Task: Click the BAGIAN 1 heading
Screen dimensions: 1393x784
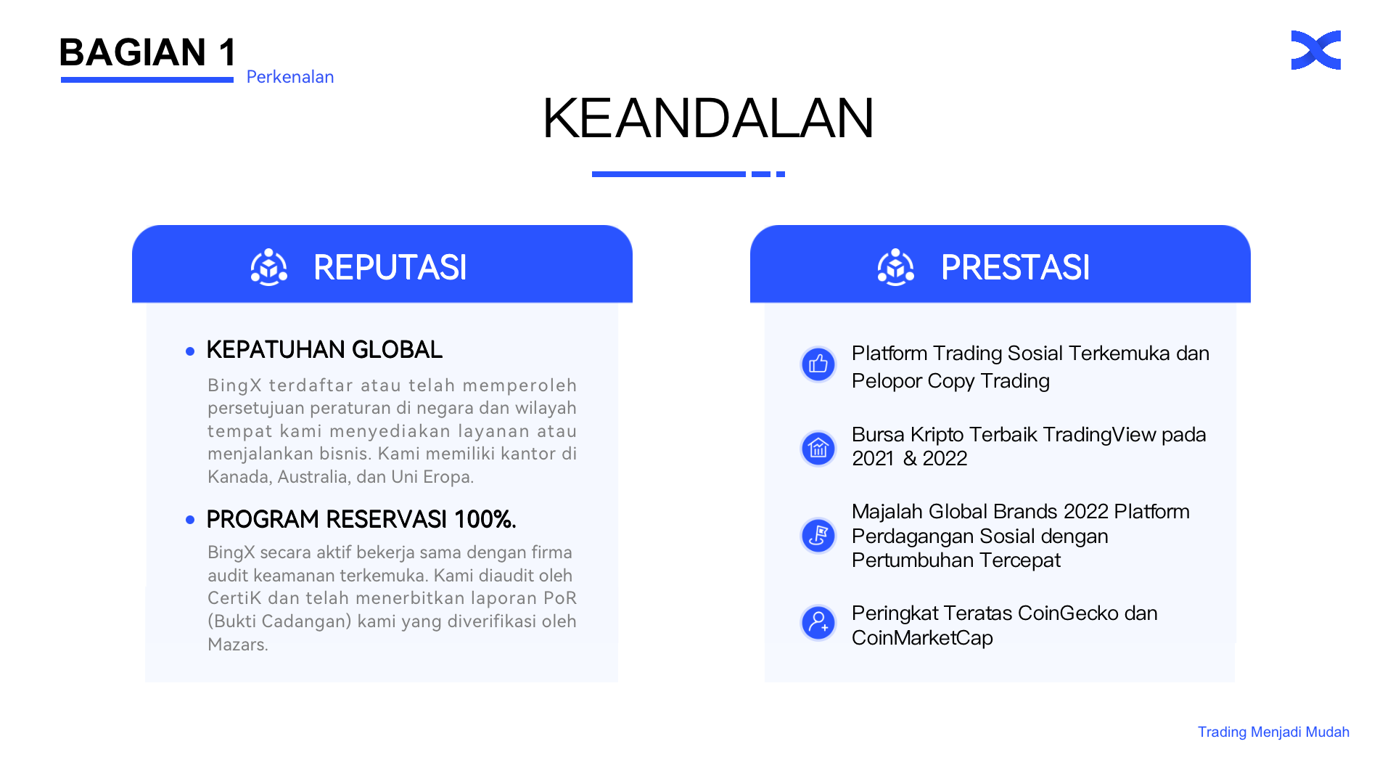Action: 148,52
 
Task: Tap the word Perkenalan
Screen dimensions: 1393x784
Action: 290,77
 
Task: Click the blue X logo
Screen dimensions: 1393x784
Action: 1315,50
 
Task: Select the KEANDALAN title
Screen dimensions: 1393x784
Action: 708,118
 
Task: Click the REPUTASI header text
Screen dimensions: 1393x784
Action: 390,267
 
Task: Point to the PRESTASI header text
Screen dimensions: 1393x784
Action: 1015,267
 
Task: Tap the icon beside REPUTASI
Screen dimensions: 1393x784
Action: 269,267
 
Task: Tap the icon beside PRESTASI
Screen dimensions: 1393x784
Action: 896,267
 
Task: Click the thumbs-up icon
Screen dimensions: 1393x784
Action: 818,364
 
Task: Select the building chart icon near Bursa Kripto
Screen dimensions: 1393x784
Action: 818,448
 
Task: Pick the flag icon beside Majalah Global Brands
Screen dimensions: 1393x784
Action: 818,536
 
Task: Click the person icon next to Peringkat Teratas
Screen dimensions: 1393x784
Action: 818,623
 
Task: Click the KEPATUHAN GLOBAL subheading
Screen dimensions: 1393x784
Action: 324,350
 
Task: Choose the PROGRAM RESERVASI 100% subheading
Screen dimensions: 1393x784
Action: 361,520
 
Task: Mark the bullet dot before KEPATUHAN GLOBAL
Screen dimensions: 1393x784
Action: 190,351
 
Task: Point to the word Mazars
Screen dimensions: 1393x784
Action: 238,645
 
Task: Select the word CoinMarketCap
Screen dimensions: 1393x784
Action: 922,638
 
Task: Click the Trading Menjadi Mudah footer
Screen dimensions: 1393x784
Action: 1273,732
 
